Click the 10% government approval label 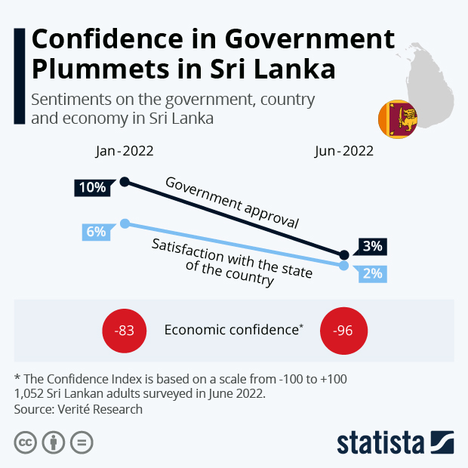pos(92,188)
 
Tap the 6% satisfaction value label pos(96,232)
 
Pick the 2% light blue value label pos(371,273)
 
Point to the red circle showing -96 pos(343,331)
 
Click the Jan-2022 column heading pos(125,150)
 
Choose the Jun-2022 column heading pos(344,150)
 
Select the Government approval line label pos(232,203)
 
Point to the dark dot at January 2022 pos(125,181)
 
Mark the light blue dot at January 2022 pos(125,223)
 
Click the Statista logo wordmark pos(382,442)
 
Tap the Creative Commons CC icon pos(26,442)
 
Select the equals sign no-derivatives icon pos(82,442)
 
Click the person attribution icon pos(54,442)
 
